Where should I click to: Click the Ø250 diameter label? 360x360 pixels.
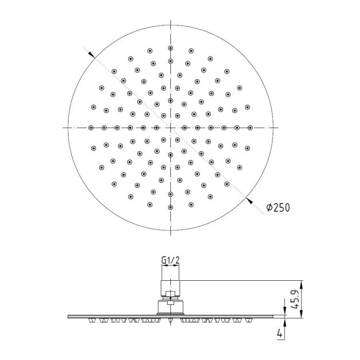[x=278, y=207]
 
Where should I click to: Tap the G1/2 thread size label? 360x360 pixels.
[x=170, y=260]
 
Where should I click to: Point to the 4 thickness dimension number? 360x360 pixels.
[x=280, y=333]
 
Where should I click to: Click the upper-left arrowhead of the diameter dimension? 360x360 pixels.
[x=91, y=54]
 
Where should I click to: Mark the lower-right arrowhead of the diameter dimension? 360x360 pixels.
[x=249, y=201]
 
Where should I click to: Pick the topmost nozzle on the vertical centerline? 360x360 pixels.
[x=170, y=48]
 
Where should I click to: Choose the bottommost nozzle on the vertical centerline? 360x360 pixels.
[x=170, y=207]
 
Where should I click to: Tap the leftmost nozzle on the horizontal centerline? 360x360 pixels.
[x=91, y=128]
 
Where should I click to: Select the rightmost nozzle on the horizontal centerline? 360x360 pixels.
[x=250, y=128]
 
